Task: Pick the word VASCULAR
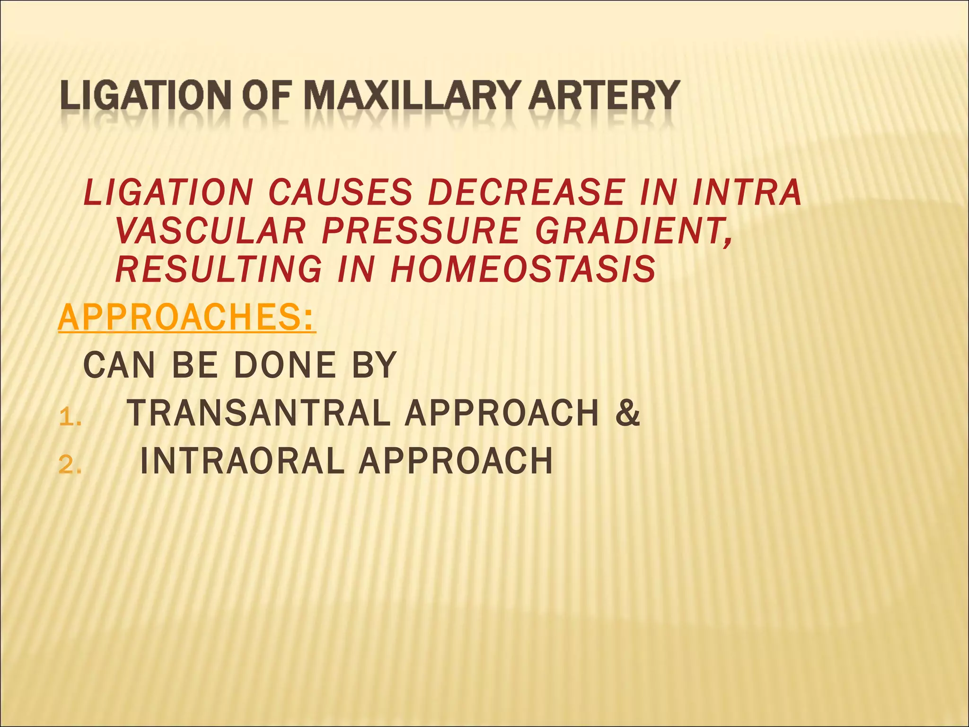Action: coord(210,231)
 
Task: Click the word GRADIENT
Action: coord(634,231)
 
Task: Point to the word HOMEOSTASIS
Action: coord(522,269)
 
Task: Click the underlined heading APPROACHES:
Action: coord(187,318)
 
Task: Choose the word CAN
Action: coord(119,365)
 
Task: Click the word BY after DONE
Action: coord(374,365)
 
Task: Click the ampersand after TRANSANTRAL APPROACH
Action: coord(627,413)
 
